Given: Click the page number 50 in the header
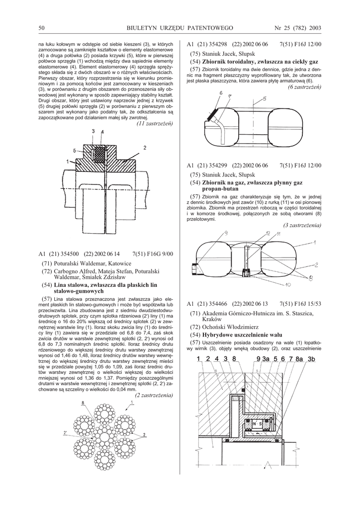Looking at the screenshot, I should click(x=42, y=27).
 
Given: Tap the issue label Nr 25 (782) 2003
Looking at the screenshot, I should click(x=298, y=27).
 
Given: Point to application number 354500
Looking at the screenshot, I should click(x=69, y=254).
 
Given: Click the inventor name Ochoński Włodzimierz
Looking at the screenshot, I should click(x=230, y=327).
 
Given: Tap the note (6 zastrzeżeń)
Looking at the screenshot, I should click(x=304, y=86).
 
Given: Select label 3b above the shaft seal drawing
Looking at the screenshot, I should click(x=312, y=359).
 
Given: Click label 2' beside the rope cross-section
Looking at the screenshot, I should click(x=65, y=433).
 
